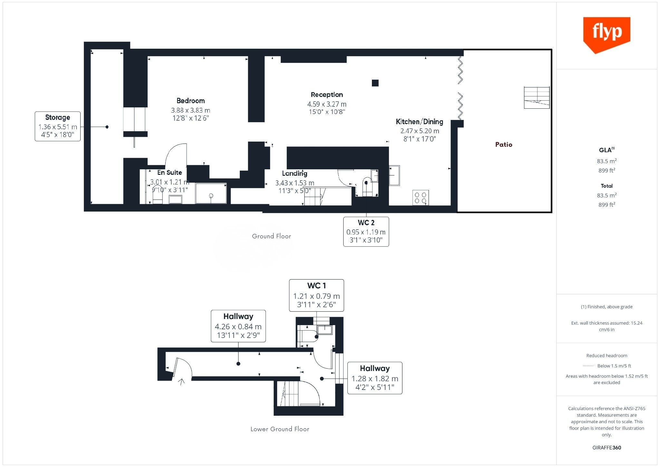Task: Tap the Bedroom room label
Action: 190,101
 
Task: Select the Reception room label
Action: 327,94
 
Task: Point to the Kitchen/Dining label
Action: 419,122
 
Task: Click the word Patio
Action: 504,144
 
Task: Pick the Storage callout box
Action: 58,126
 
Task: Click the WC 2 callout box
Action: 366,232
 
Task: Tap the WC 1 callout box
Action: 316,295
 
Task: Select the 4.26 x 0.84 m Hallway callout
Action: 238,326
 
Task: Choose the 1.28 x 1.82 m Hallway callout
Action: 375,378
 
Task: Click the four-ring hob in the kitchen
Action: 421,198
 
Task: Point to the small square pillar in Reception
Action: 375,83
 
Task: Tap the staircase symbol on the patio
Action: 537,97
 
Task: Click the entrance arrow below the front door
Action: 182,382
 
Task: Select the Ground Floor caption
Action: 271,236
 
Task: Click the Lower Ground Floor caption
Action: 280,429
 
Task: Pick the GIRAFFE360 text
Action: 607,448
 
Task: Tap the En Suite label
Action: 170,173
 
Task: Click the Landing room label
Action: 295,174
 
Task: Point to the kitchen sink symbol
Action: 394,175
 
